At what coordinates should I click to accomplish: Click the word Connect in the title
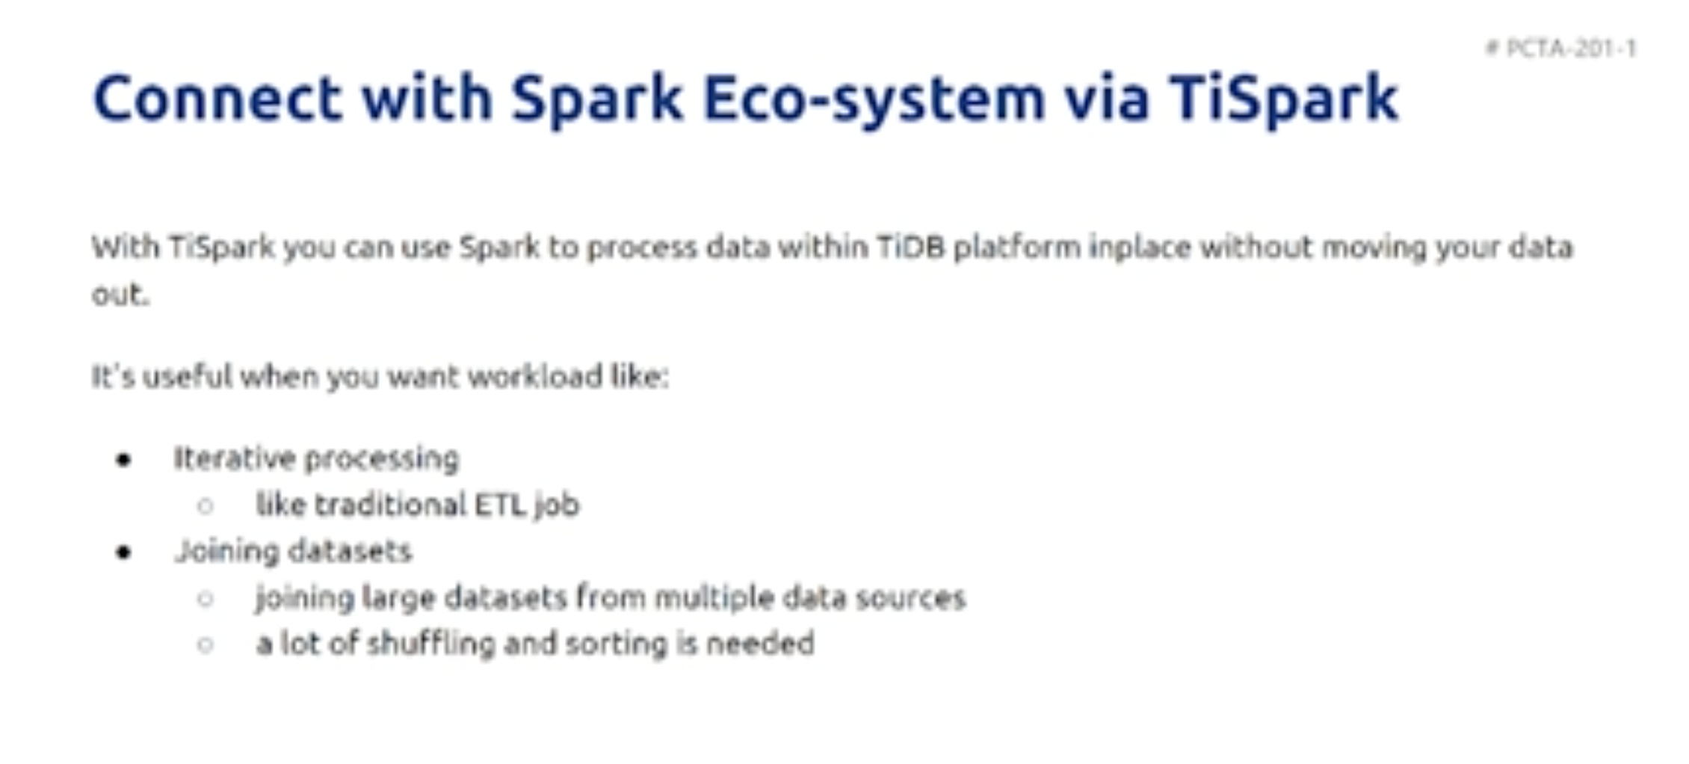(x=217, y=98)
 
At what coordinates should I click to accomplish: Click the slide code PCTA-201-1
(x=1571, y=49)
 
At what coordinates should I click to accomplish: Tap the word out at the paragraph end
(x=120, y=294)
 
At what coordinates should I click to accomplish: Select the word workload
(x=534, y=375)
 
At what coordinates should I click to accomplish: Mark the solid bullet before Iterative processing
(x=124, y=459)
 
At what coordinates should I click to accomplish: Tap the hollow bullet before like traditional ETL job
(x=206, y=506)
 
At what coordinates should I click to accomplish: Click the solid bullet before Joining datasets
(x=124, y=552)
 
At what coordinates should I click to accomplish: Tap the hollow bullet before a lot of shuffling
(x=206, y=645)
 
